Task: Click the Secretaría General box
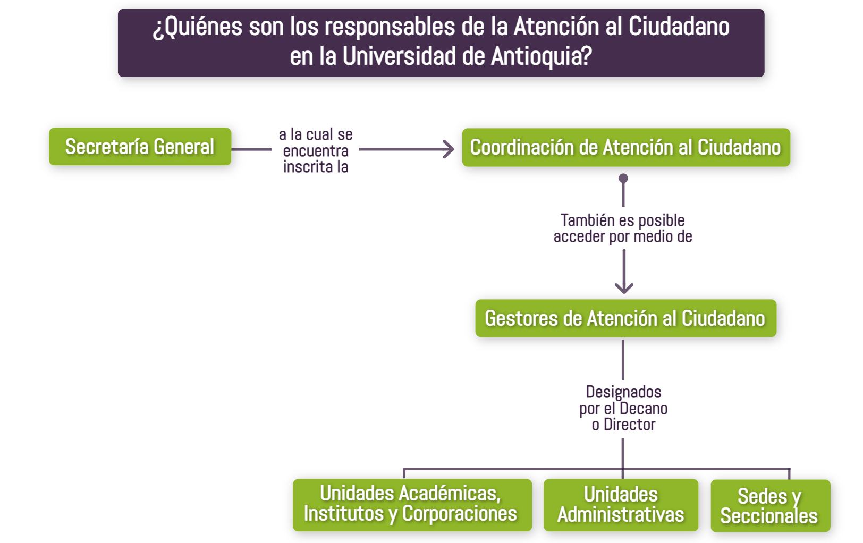pos(140,146)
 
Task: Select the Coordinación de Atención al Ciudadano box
pos(626,147)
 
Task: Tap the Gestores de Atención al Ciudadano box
pos(625,318)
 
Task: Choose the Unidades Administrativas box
pos(621,505)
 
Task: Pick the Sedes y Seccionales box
pos(771,506)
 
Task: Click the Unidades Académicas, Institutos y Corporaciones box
pos(412,505)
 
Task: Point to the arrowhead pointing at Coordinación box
pos(449,149)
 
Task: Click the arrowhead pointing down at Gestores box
pos(624,289)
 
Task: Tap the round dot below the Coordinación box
pos(623,178)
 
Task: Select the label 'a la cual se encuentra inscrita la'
pos(316,150)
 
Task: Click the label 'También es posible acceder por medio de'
pos(623,228)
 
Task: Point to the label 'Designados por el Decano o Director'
pos(623,408)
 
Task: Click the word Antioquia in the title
pos(542,56)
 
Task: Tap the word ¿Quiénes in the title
pos(198,27)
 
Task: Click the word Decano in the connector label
pos(644,408)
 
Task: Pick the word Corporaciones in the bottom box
pos(460,513)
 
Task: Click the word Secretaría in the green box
pos(107,146)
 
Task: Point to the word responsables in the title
pos(384,27)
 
